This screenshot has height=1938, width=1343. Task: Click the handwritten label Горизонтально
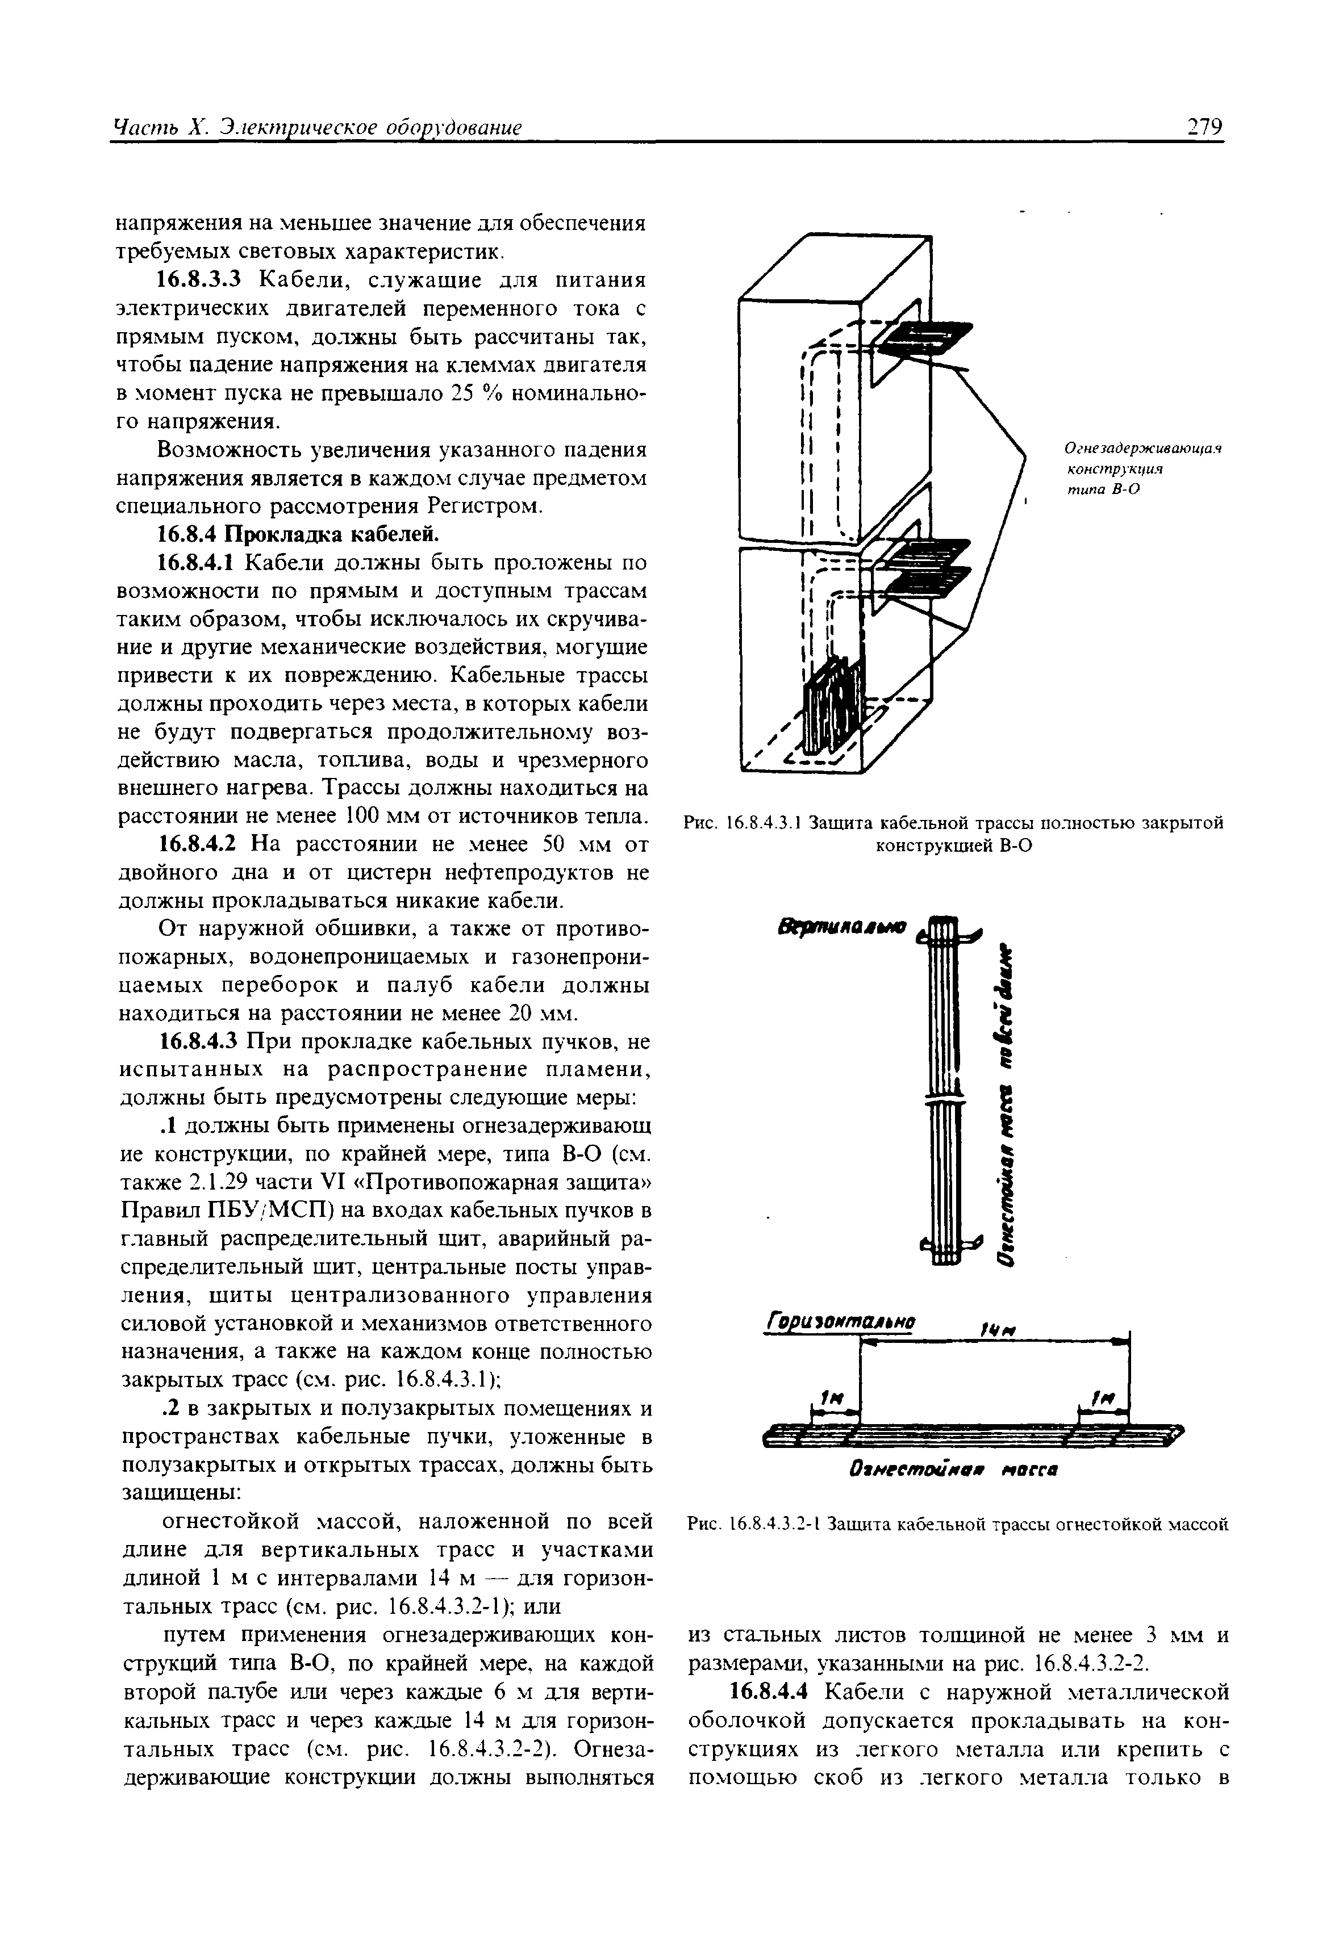point(839,1321)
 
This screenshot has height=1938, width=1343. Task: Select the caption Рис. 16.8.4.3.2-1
point(958,1523)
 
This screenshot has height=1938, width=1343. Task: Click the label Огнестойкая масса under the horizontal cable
point(953,1470)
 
